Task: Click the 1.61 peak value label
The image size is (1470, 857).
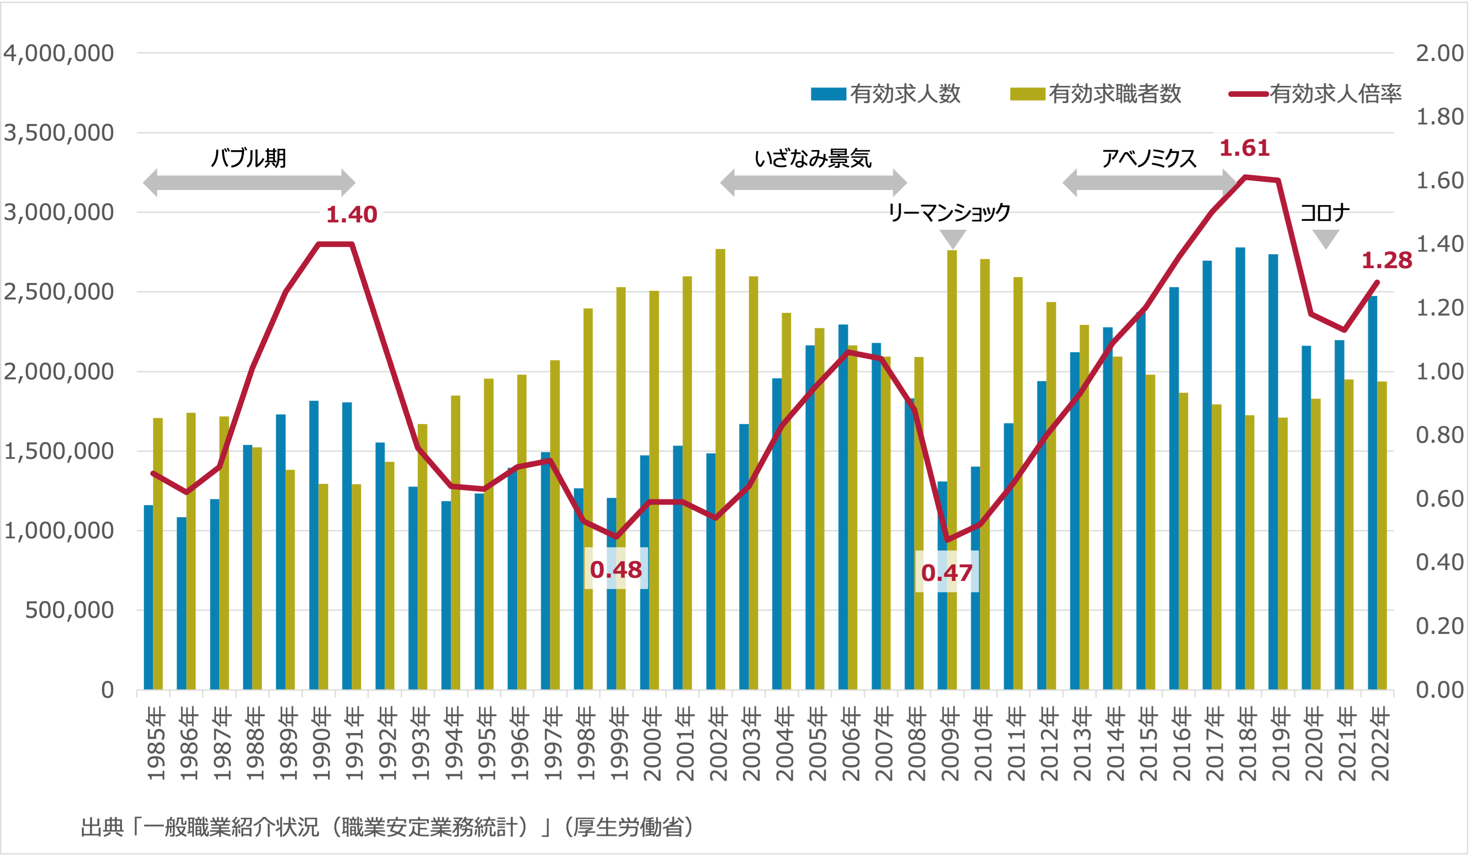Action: click(x=1244, y=148)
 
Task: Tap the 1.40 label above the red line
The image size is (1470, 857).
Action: click(x=351, y=215)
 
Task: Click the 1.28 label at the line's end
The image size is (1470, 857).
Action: click(x=1386, y=260)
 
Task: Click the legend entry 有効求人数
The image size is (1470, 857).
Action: click(x=886, y=94)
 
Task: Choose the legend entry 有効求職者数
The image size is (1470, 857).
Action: click(x=1095, y=94)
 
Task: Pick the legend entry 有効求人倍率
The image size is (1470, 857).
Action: click(x=1315, y=94)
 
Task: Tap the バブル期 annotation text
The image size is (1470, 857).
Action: click(x=248, y=158)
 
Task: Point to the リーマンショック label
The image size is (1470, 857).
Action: click(x=949, y=212)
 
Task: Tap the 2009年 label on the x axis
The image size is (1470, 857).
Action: click(x=950, y=743)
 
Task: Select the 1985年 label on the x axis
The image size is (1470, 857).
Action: click(x=156, y=743)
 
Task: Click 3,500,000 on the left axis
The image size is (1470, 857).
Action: click(x=58, y=133)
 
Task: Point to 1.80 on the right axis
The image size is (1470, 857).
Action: click(x=1439, y=117)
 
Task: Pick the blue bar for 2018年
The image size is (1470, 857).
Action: click(x=1240, y=467)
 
